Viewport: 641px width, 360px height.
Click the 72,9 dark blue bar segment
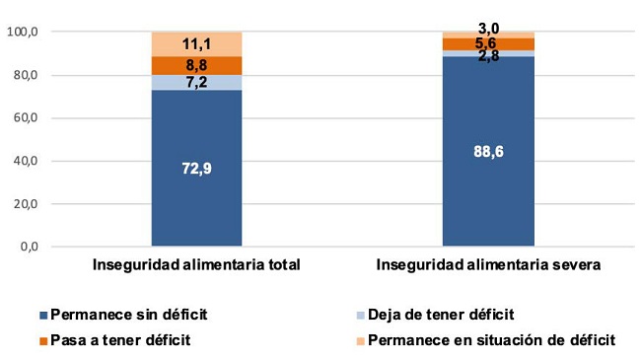pyautogui.click(x=196, y=168)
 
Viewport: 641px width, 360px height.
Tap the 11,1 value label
pyautogui.click(x=196, y=44)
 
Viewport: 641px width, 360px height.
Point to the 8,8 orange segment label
pyautogui.click(x=196, y=65)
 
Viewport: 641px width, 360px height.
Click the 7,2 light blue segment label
pyautogui.click(x=196, y=83)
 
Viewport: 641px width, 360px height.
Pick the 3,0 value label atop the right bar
pyautogui.click(x=487, y=29)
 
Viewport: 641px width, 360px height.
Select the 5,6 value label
pyautogui.click(x=487, y=43)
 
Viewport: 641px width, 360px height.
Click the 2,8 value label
pyautogui.click(x=487, y=57)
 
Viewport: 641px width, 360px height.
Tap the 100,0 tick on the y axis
pyautogui.click(x=23, y=33)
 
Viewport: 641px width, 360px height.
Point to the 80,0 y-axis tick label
pyautogui.click(x=26, y=76)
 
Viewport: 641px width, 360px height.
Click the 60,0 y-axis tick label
pyautogui.click(x=26, y=118)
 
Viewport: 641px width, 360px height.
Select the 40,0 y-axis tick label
pyautogui.click(x=26, y=161)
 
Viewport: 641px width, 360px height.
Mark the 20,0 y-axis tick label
pyautogui.click(x=26, y=204)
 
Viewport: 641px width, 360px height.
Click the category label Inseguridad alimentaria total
pyautogui.click(x=196, y=265)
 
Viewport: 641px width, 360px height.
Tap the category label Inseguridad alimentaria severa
pyautogui.click(x=487, y=265)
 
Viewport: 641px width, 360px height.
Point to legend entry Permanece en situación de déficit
pyautogui.click(x=490, y=340)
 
